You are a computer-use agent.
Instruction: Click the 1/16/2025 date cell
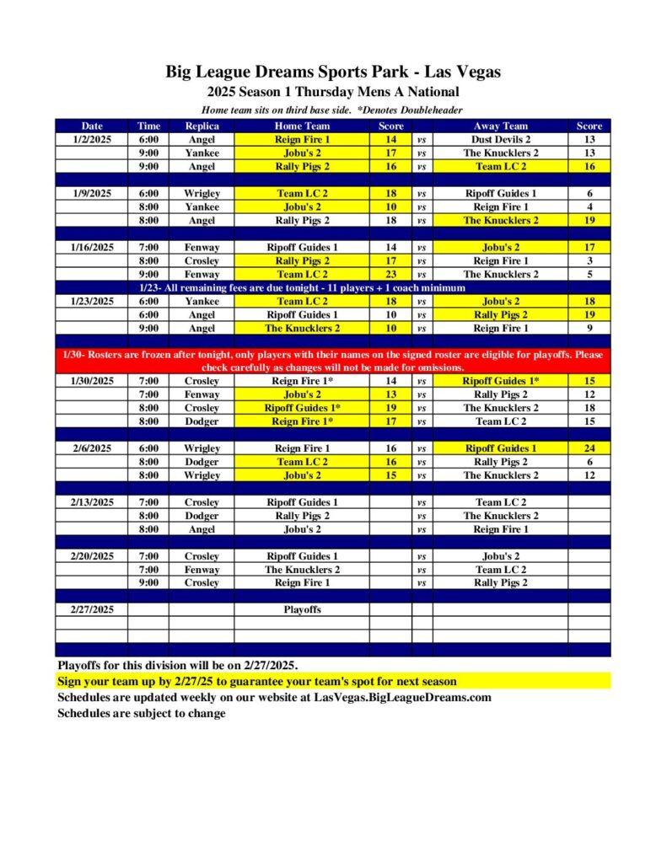point(92,247)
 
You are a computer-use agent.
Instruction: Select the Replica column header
point(202,126)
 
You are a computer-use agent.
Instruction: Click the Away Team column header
point(500,126)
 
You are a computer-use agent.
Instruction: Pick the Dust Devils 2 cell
point(500,139)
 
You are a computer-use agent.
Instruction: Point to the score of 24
point(589,448)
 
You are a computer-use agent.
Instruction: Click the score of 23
point(391,274)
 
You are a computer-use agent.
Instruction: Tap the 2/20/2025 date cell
point(92,556)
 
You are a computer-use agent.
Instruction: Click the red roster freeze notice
point(333,361)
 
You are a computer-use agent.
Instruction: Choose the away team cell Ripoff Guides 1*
point(500,381)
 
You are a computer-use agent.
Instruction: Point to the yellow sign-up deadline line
point(257,681)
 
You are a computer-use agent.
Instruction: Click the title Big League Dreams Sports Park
point(333,72)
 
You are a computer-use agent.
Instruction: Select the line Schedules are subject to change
point(142,713)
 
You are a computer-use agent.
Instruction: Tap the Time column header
point(148,126)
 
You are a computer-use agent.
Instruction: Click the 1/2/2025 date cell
point(92,139)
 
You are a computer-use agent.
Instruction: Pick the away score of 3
point(589,260)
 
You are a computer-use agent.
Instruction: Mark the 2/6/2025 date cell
point(92,448)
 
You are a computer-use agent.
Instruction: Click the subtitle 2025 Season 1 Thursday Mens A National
point(333,92)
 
